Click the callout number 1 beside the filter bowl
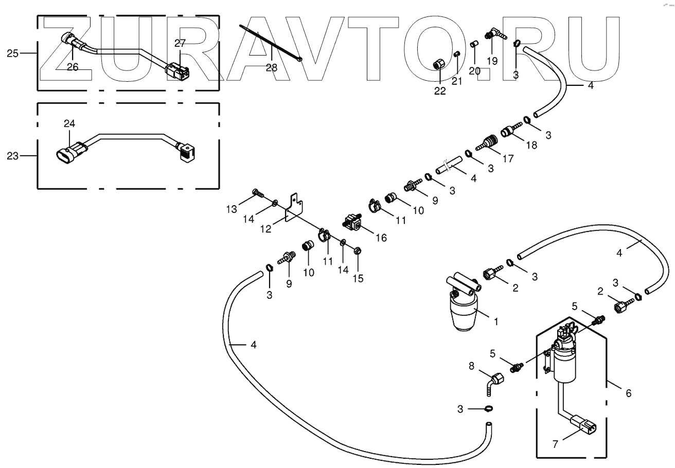pyautogui.click(x=495, y=322)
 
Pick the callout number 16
pyautogui.click(x=381, y=238)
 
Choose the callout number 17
pyautogui.click(x=507, y=159)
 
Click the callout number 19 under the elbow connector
pyautogui.click(x=492, y=61)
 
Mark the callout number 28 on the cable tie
pyautogui.click(x=271, y=67)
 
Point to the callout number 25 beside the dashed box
pyautogui.click(x=13, y=53)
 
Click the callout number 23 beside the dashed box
pyautogui.click(x=13, y=155)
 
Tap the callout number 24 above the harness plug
pyautogui.click(x=69, y=123)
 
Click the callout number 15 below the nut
pyautogui.click(x=358, y=278)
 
